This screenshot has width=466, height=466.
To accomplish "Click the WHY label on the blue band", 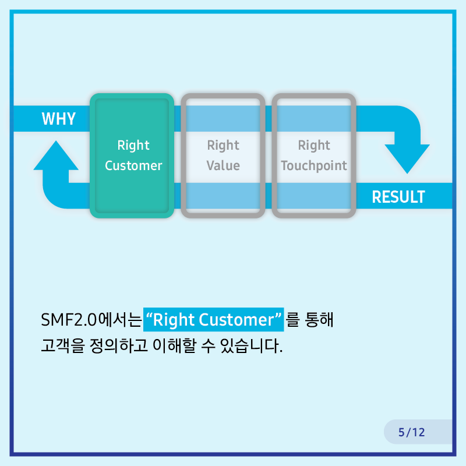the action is [x=59, y=119].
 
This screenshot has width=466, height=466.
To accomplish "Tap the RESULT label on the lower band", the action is [x=398, y=197].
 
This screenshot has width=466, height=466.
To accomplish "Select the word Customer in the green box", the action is [x=133, y=165].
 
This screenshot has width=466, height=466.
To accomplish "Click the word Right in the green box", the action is [x=133, y=146].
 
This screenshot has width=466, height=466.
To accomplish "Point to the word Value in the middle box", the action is [x=223, y=165].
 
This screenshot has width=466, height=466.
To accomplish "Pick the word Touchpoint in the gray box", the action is [x=314, y=166].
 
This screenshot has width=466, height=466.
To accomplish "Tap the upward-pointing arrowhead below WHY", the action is [x=56, y=155].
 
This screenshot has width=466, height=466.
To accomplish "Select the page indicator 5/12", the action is [x=412, y=432].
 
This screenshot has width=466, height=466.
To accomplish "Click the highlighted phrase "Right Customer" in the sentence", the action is [x=213, y=320].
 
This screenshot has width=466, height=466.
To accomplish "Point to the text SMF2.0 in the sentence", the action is [x=69, y=320].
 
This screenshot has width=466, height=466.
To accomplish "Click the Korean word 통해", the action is [x=319, y=320].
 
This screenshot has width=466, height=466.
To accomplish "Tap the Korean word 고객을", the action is [x=63, y=345].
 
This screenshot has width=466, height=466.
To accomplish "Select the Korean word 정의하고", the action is [x=119, y=345].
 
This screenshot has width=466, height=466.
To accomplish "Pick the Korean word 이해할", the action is [x=174, y=345].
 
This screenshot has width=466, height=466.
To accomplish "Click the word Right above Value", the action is [x=223, y=146].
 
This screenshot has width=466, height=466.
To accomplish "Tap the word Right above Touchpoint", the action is [x=314, y=146].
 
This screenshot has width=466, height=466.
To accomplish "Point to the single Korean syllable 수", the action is [x=208, y=346].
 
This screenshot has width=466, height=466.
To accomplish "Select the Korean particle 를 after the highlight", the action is [x=292, y=320].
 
